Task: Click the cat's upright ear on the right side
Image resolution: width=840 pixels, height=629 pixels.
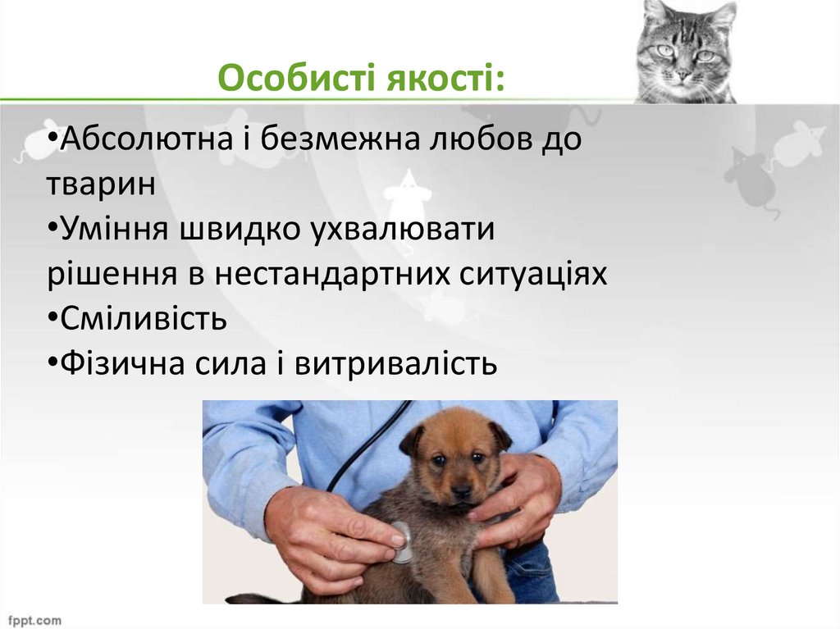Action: click(x=722, y=16)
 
